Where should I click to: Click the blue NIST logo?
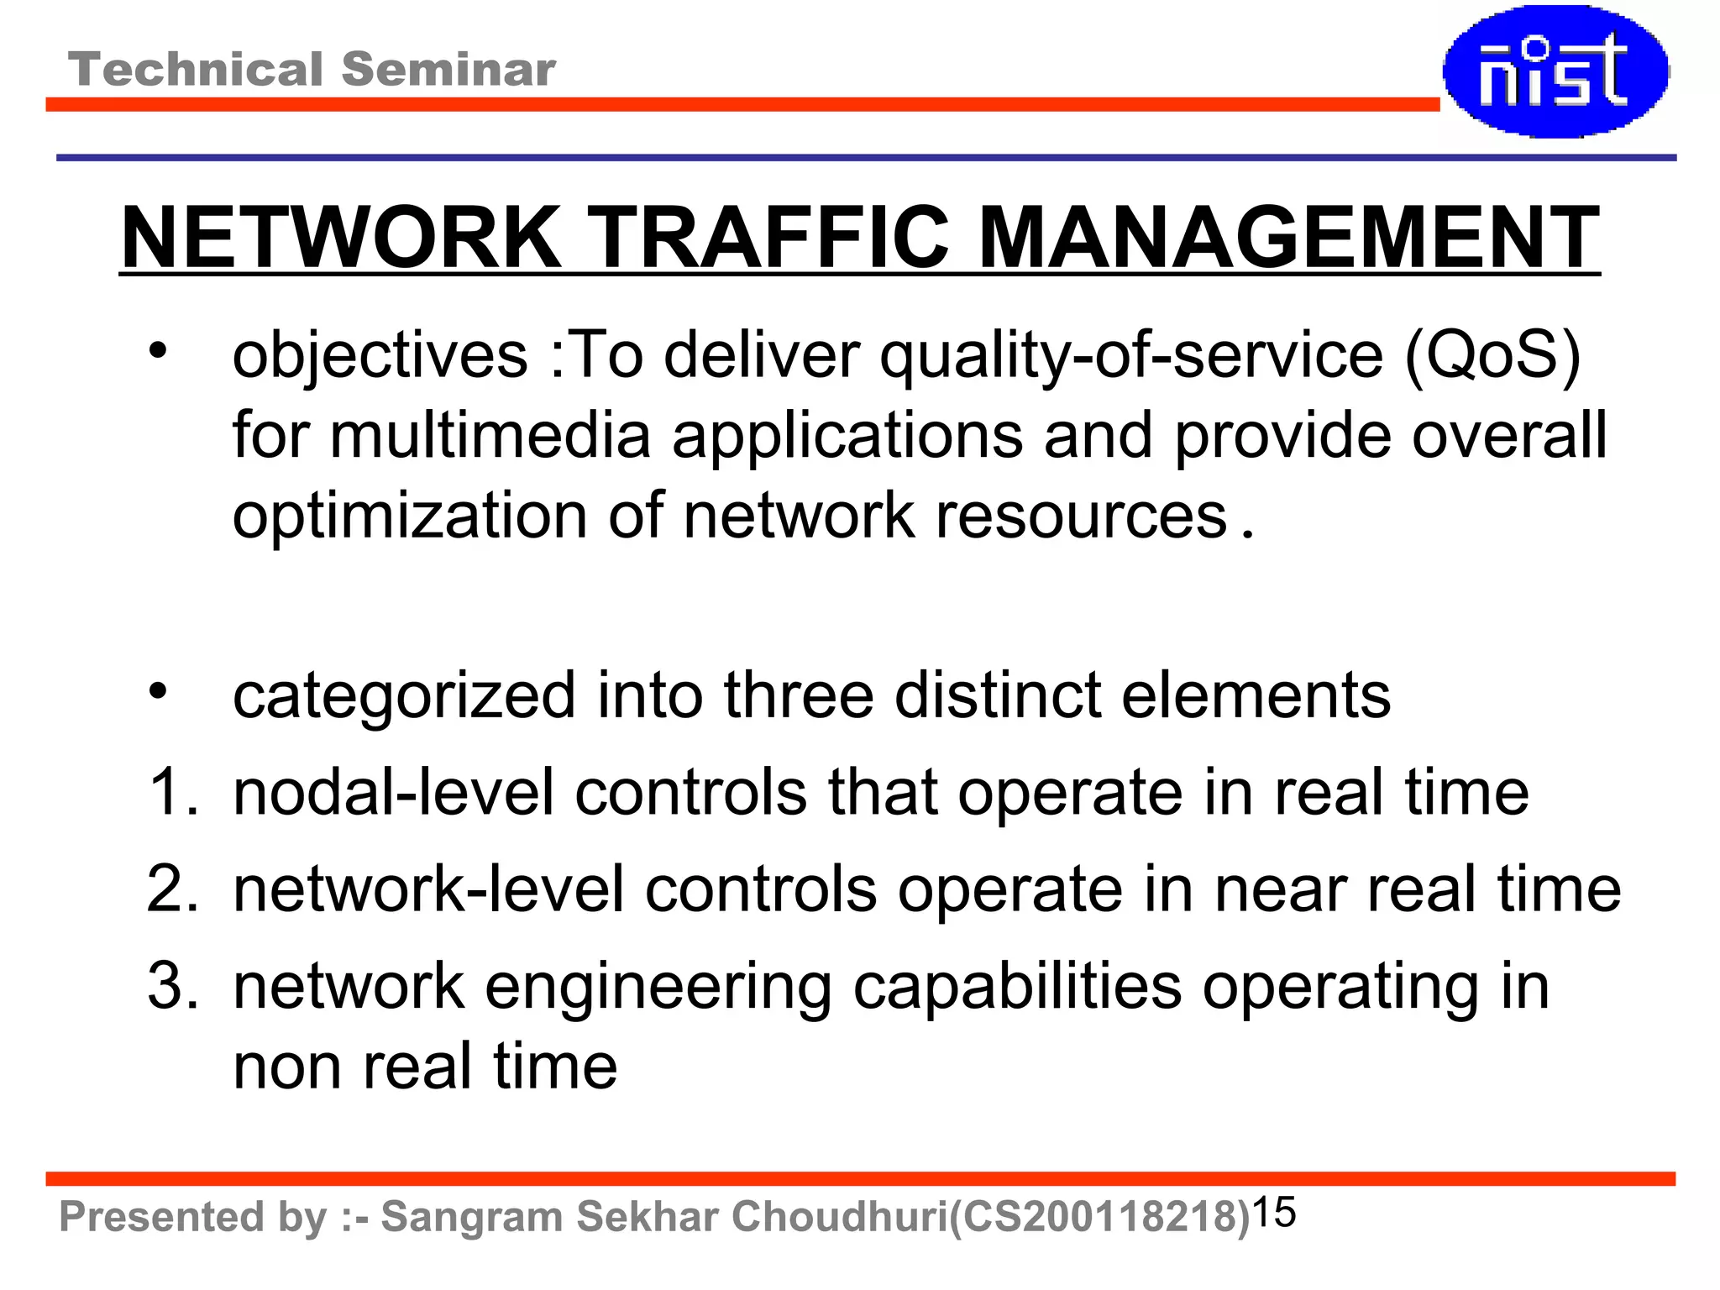[x=1555, y=71]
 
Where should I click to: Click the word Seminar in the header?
[x=448, y=69]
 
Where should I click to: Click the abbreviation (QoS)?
[x=1492, y=355]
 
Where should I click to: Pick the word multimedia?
[x=490, y=435]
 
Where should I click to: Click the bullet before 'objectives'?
[x=158, y=351]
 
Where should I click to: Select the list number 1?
[x=171, y=792]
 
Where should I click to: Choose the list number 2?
[x=171, y=889]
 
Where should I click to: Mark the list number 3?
[x=171, y=986]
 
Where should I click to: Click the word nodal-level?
[x=393, y=792]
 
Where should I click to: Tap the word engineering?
[x=658, y=988]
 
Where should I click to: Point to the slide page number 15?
[x=1274, y=1212]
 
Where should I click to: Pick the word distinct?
[x=998, y=695]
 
